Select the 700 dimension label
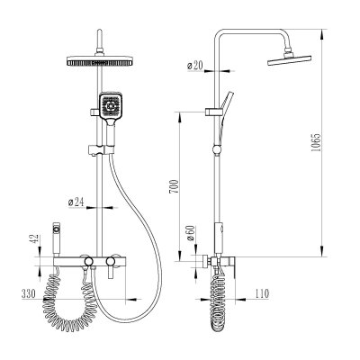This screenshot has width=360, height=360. click(x=175, y=186)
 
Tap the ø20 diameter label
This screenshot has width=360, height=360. click(x=195, y=66)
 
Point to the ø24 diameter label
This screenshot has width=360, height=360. click(x=76, y=202)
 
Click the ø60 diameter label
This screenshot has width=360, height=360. click(x=191, y=234)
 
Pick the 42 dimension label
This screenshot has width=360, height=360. click(x=35, y=239)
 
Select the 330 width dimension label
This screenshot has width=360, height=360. click(x=29, y=294)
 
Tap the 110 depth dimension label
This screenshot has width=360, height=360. click(x=262, y=293)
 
